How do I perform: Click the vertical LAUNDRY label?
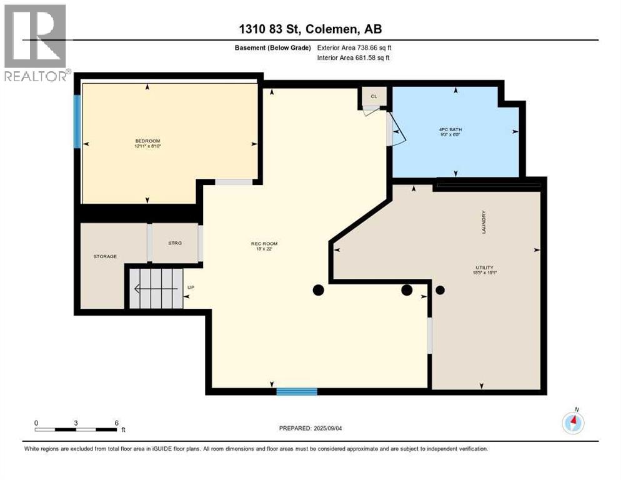[484, 222]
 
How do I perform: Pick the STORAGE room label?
[105, 256]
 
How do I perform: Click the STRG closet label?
[175, 242]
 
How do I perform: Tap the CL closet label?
[374, 96]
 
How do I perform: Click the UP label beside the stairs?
[191, 288]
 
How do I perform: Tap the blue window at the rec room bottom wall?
[297, 391]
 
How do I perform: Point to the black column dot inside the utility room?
[440, 290]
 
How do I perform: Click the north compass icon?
[573, 422]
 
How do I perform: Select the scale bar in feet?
[76, 429]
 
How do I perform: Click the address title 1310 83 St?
[310, 29]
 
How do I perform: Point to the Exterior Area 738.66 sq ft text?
[354, 47]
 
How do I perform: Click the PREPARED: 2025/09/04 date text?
[311, 428]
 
